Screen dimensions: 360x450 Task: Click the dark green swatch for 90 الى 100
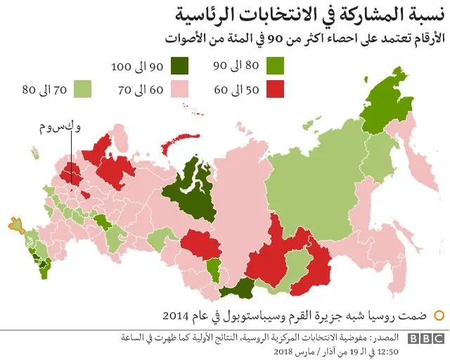(180, 67)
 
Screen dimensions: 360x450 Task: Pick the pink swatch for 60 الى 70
(180, 89)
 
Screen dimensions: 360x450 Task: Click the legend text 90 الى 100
(137, 67)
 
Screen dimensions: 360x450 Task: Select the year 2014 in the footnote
(174, 314)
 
